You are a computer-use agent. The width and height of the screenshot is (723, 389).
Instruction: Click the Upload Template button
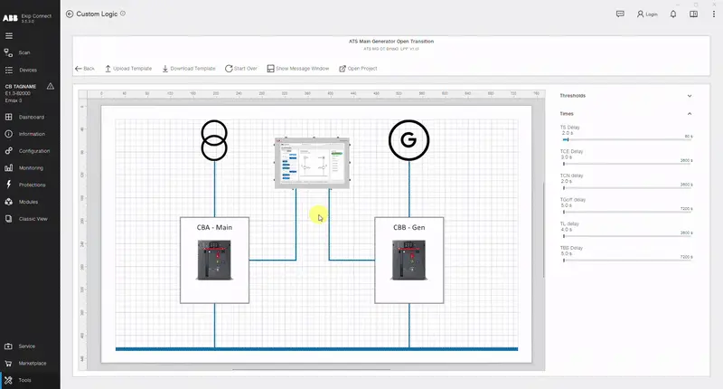(127, 68)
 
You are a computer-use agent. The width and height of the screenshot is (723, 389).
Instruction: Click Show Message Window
(297, 68)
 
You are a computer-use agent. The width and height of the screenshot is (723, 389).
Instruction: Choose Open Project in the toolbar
(358, 68)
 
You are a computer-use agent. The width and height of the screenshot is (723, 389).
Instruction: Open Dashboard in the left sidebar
(31, 117)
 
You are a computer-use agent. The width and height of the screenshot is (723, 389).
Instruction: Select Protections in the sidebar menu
(31, 185)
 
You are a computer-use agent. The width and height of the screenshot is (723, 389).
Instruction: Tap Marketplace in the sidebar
(33, 363)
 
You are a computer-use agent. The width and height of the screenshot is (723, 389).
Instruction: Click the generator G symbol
(409, 140)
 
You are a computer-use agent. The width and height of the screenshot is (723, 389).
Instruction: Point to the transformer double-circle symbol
(214, 140)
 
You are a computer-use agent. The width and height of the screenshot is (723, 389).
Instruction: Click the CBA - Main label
(214, 227)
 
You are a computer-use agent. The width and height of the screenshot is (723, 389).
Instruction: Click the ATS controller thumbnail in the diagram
(312, 163)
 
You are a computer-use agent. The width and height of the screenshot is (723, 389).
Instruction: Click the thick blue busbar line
(316, 348)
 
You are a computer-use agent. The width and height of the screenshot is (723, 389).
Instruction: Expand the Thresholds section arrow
(689, 95)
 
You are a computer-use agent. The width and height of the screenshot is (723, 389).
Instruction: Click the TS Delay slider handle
(566, 139)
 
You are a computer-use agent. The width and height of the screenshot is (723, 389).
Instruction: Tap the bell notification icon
(673, 14)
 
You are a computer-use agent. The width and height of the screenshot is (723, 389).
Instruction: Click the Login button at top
(647, 14)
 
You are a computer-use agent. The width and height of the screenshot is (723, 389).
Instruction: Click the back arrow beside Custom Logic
(70, 14)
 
